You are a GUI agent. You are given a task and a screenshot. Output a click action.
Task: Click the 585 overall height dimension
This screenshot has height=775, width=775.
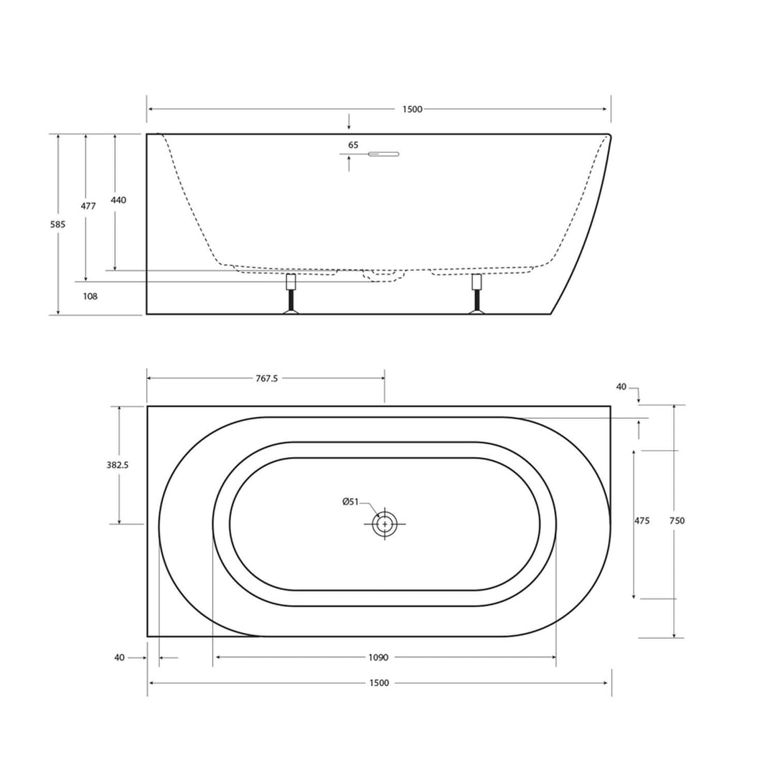pyautogui.click(x=58, y=225)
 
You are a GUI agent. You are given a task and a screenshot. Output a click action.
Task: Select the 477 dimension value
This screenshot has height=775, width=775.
pyautogui.click(x=88, y=206)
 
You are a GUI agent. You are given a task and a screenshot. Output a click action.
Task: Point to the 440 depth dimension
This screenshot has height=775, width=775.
pyautogui.click(x=118, y=200)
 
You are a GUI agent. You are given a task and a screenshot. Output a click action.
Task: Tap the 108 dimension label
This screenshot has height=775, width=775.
pyautogui.click(x=90, y=296)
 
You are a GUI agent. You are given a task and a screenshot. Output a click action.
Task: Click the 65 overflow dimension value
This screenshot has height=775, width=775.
pyautogui.click(x=353, y=145)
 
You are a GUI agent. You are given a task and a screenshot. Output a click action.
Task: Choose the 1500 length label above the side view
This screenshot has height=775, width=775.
pyautogui.click(x=413, y=110)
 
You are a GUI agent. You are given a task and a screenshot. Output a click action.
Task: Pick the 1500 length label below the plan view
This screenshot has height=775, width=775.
pyautogui.click(x=380, y=683)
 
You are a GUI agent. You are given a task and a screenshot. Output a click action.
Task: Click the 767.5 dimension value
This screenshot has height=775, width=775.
pyautogui.click(x=266, y=379)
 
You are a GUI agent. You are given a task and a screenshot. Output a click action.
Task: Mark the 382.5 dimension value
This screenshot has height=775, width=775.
pyautogui.click(x=117, y=465)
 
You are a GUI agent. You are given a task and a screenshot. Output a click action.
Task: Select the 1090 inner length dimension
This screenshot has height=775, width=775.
pyautogui.click(x=379, y=657)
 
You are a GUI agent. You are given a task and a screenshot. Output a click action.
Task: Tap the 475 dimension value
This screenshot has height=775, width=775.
pyautogui.click(x=642, y=521)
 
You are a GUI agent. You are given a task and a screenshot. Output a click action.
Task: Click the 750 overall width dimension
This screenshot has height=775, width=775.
pyautogui.click(x=677, y=521)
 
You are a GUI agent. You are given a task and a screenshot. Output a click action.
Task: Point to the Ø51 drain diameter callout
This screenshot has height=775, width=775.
pyautogui.click(x=350, y=502)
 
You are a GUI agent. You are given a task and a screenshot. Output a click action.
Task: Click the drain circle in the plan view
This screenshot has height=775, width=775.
pyautogui.click(x=385, y=524)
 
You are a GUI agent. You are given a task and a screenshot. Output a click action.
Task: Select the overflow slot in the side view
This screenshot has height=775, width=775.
pyautogui.click(x=384, y=154)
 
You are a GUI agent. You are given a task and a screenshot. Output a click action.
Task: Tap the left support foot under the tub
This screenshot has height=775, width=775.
pyautogui.click(x=291, y=294)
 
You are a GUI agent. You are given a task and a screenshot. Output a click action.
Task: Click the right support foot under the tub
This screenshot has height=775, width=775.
pyautogui.click(x=476, y=294)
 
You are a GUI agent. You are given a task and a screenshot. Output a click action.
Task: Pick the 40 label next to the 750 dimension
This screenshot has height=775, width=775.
pyautogui.click(x=621, y=387)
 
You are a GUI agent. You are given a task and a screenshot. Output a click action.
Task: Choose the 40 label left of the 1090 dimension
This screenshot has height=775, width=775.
pyautogui.click(x=119, y=657)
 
